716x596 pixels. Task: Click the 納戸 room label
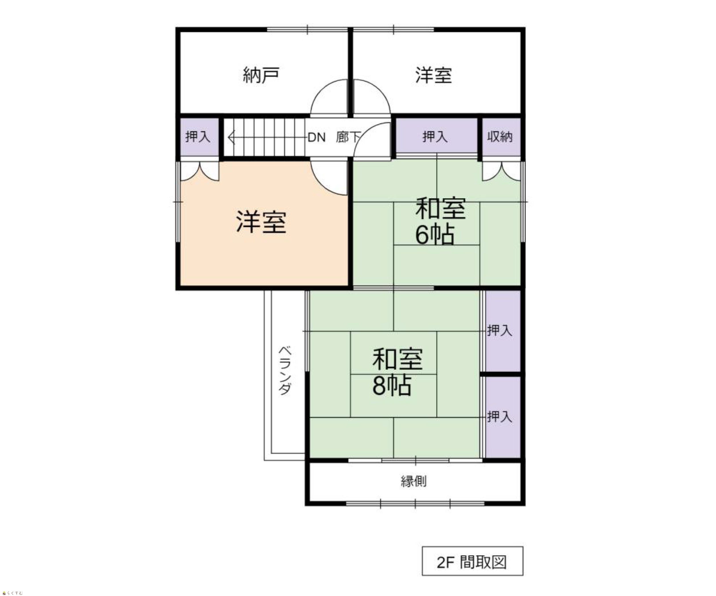click(261, 75)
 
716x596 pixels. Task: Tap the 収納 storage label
click(499, 136)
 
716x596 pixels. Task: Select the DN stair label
click(317, 138)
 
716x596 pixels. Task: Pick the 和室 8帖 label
click(397, 372)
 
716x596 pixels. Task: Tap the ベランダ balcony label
click(285, 371)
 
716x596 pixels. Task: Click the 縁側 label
click(413, 481)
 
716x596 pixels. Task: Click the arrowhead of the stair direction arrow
click(231, 138)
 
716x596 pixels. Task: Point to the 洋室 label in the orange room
click(261, 222)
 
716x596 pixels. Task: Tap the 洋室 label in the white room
click(434, 75)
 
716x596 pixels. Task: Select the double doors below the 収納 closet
click(501, 171)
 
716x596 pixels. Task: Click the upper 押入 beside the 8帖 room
click(503, 331)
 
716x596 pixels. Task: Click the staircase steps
click(264, 138)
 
